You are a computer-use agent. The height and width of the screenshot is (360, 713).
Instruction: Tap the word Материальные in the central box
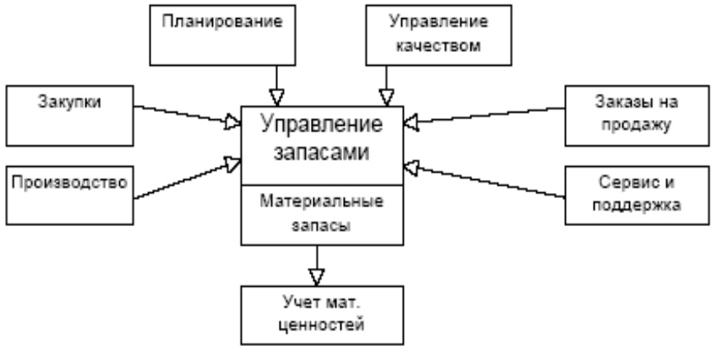point(322,201)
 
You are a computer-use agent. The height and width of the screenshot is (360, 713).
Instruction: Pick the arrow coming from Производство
point(186,179)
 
